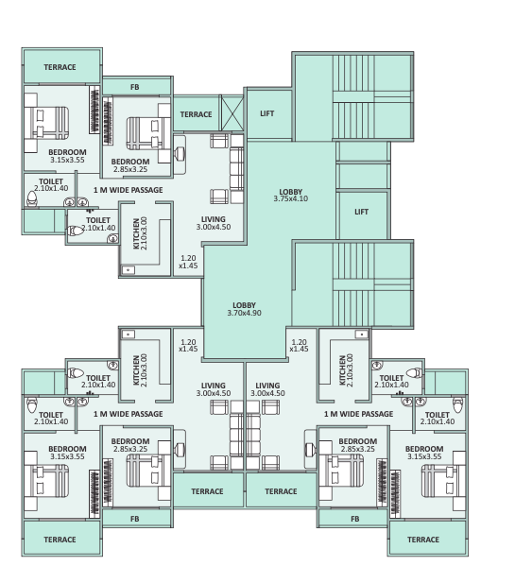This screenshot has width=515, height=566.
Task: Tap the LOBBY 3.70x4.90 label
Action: click(x=244, y=308)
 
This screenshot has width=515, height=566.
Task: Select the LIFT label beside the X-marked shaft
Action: click(x=267, y=113)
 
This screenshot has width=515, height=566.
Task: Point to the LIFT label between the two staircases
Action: click(x=362, y=212)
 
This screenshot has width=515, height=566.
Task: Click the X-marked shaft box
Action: click(x=232, y=114)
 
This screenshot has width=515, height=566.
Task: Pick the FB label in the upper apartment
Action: click(x=135, y=87)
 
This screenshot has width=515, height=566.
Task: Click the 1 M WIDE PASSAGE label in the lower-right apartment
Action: click(x=358, y=414)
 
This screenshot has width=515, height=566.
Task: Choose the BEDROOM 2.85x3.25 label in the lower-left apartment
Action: click(x=130, y=445)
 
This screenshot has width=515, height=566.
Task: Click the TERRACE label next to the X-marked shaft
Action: click(x=196, y=114)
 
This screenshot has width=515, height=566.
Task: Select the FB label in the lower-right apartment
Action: click(x=355, y=519)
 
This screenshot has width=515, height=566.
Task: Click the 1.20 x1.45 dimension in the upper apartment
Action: click(x=189, y=261)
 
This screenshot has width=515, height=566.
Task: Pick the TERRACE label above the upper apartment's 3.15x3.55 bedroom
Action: click(x=60, y=68)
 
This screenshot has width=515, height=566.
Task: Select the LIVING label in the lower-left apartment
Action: click(x=214, y=388)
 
